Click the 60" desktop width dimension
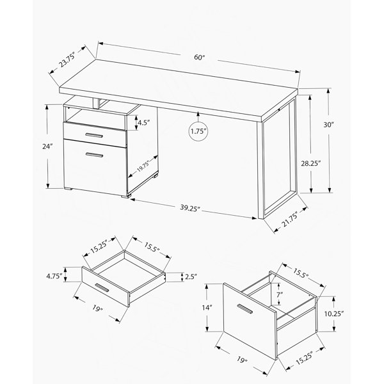[199, 58]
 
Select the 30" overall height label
[329, 125]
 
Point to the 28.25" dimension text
[311, 163]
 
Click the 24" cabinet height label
[47, 147]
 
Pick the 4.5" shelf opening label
[143, 122]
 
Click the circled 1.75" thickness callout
[198, 131]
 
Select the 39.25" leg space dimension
[190, 208]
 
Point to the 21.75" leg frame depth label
[291, 220]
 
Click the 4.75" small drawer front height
[54, 276]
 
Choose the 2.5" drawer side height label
[191, 277]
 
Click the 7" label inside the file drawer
[280, 295]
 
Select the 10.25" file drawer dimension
[334, 314]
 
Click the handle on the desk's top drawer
[94, 136]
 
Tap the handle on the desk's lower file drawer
[95, 154]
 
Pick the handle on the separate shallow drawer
[102, 288]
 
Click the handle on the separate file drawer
[244, 309]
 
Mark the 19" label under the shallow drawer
[97, 308]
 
